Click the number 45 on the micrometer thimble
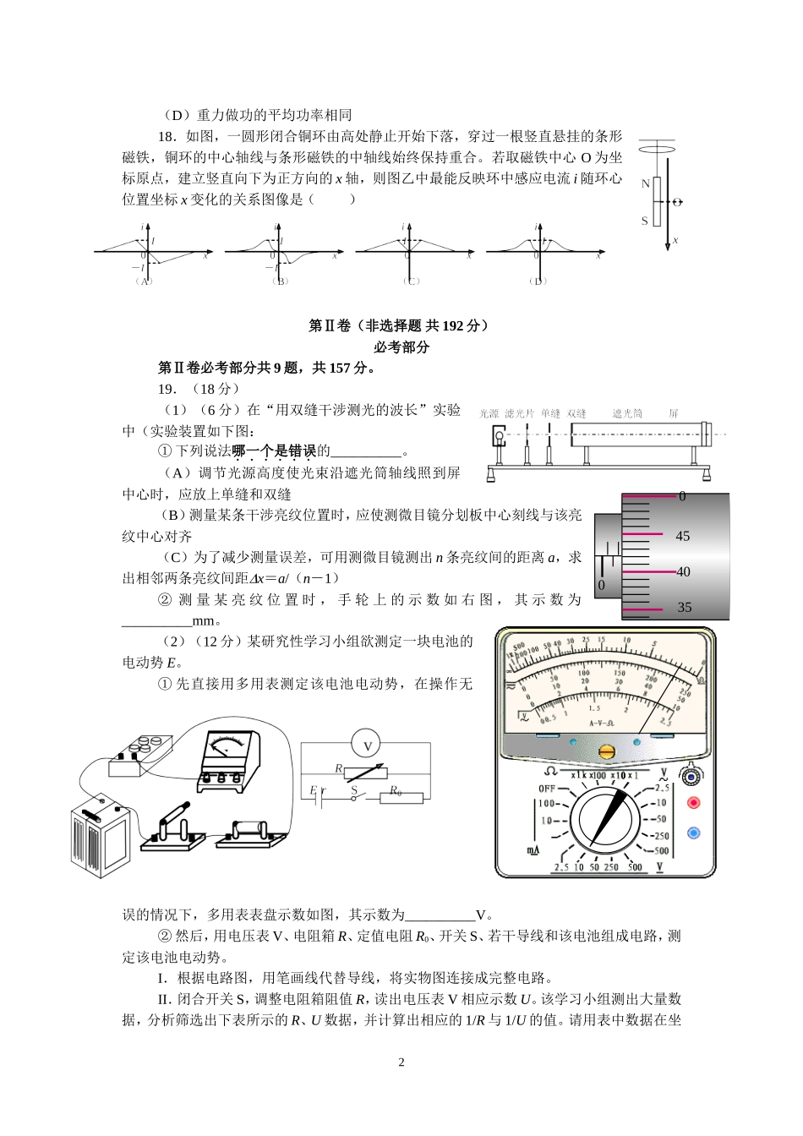[683, 536]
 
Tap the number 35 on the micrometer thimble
[683, 607]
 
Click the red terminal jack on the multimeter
[694, 803]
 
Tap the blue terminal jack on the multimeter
[694, 833]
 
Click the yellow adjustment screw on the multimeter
[605, 751]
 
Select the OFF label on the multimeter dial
[547, 789]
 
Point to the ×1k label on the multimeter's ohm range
[580, 775]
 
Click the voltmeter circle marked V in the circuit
[367, 746]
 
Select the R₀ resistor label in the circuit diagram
[395, 791]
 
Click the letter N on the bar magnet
[646, 183]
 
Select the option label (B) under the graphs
[281, 281]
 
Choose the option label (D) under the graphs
[538, 281]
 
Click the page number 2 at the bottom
[401, 1062]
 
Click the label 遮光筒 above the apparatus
[627, 413]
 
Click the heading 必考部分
[401, 347]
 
